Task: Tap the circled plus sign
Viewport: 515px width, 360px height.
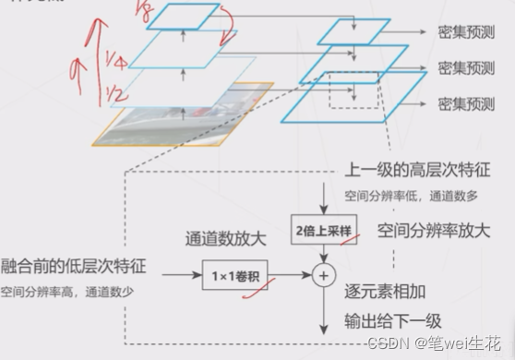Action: pos(323,273)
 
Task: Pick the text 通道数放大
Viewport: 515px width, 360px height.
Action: pos(226,239)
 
